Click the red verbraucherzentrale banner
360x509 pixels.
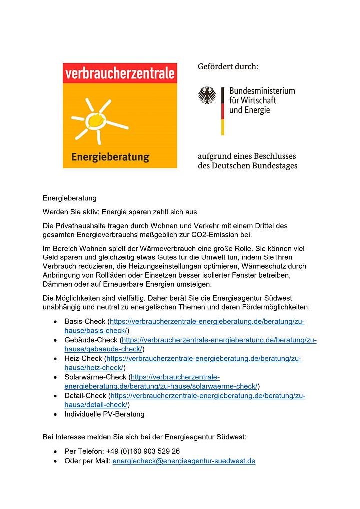[120, 74]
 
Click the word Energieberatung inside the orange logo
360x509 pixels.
[110, 157]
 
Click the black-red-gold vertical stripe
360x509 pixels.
[222, 110]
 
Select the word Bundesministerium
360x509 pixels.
[262, 91]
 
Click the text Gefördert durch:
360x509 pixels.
[228, 66]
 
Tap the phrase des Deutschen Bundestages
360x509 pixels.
[247, 166]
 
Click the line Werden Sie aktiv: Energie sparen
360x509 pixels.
[120, 212]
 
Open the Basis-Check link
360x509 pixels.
[207, 322]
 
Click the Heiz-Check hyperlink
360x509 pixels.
[204, 358]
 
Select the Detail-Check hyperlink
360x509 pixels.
[208, 395]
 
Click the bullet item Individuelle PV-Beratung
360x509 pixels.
[104, 414]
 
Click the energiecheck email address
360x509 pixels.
[184, 461]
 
